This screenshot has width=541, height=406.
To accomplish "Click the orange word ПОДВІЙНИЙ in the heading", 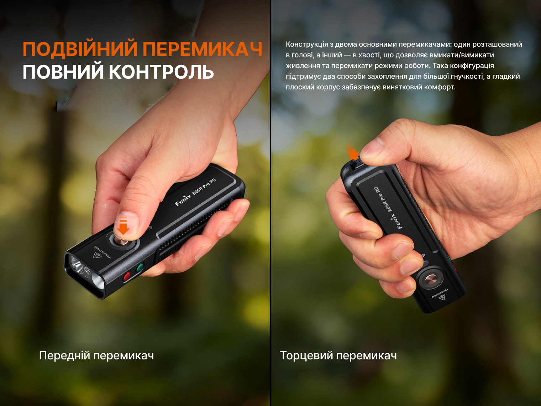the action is point(80,49).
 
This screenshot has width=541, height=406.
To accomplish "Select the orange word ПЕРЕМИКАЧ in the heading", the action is point(203,49).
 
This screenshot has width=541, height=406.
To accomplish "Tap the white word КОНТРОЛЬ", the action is point(161,72).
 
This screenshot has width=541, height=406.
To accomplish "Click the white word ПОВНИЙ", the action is point(63,72).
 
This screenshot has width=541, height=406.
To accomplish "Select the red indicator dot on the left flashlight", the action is point(127,276).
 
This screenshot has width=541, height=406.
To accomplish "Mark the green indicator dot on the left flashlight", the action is point(140,267).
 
